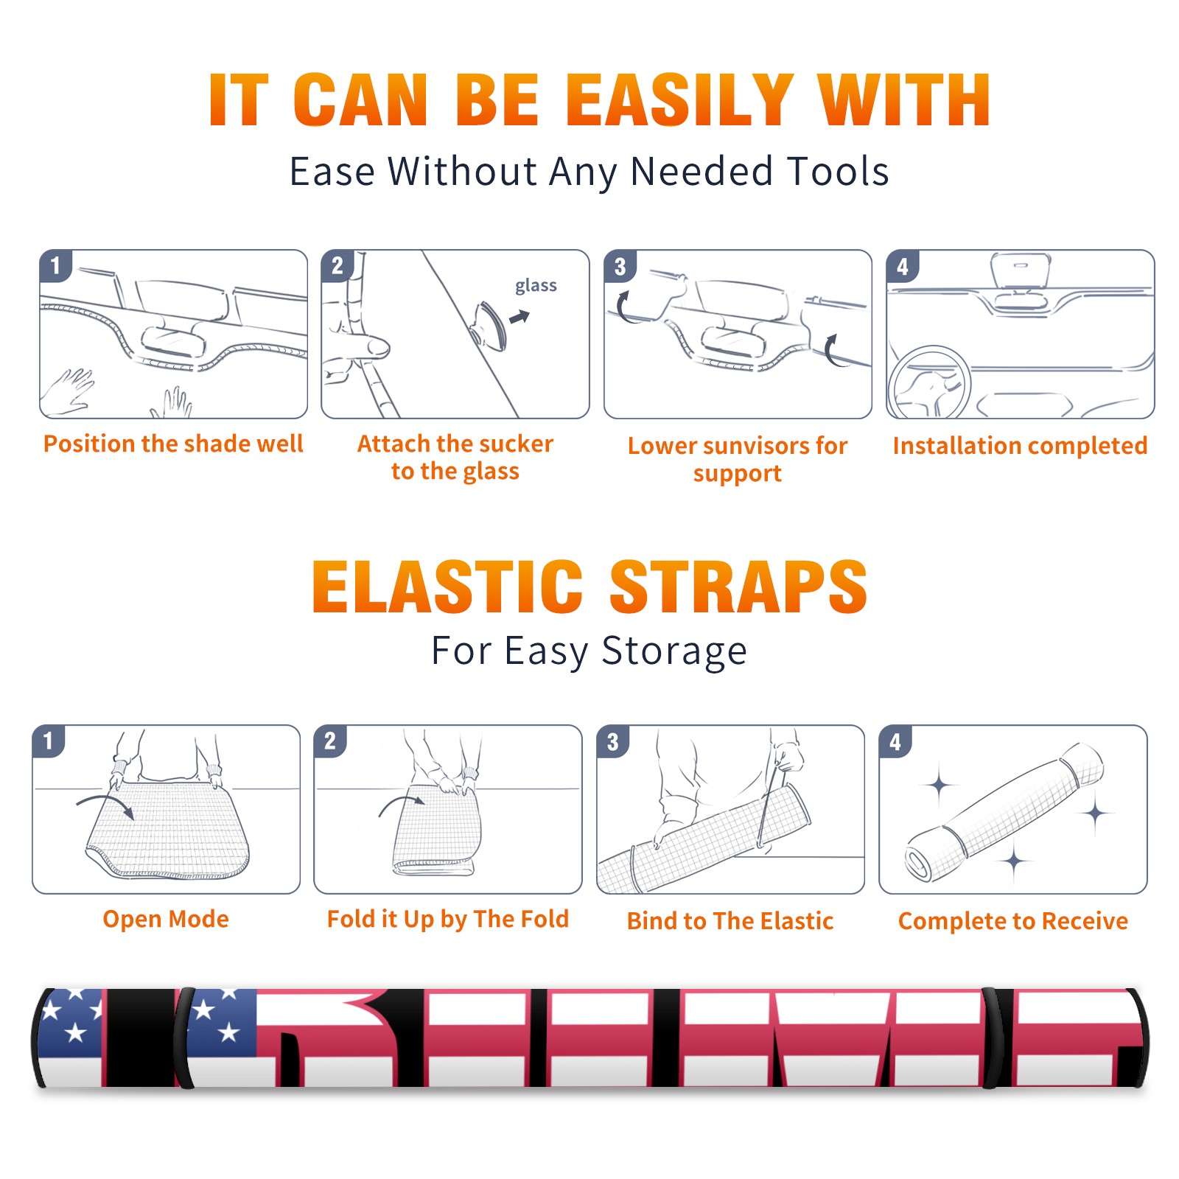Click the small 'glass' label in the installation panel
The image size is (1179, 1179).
536,285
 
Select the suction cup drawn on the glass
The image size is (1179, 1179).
490,324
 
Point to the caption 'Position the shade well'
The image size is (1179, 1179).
173,444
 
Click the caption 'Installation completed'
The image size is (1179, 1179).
1020,445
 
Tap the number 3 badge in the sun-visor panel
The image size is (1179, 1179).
620,267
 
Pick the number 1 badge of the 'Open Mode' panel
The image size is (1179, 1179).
49,741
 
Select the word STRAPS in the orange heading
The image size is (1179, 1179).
738,587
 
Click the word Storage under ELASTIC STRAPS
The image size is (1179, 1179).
674,651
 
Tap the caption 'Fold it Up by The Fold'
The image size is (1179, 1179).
448,919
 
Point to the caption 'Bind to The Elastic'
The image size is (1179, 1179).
730,921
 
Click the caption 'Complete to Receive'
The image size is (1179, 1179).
1013,921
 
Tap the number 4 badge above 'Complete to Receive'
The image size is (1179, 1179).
895,741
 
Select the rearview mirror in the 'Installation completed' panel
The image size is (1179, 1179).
1020,270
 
